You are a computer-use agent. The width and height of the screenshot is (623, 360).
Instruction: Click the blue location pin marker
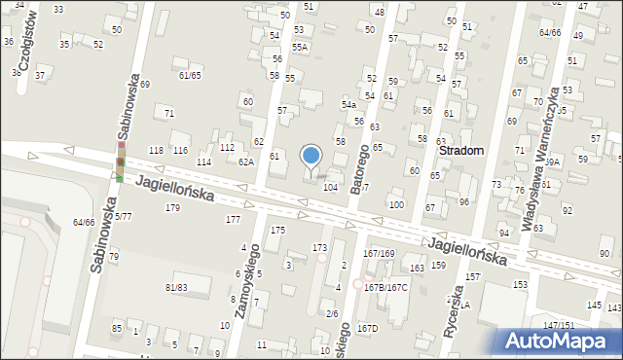[x=311, y=156]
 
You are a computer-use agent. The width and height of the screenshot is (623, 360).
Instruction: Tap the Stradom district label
[x=463, y=152]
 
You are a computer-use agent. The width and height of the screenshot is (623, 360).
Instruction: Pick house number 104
[x=331, y=186]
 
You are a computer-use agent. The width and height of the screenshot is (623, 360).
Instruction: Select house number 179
[x=173, y=207]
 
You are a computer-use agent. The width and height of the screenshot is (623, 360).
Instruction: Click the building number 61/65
[x=190, y=75]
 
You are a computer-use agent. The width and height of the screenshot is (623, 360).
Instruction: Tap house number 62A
[x=246, y=162]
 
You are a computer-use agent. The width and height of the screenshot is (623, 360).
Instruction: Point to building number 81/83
[x=176, y=287]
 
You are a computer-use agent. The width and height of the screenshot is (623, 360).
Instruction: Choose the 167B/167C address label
[x=385, y=287]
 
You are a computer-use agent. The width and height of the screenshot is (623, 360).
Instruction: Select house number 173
[x=319, y=248]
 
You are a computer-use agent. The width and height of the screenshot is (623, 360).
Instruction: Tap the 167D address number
[x=367, y=329]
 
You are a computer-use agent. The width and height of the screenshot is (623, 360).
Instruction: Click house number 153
[x=521, y=284]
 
